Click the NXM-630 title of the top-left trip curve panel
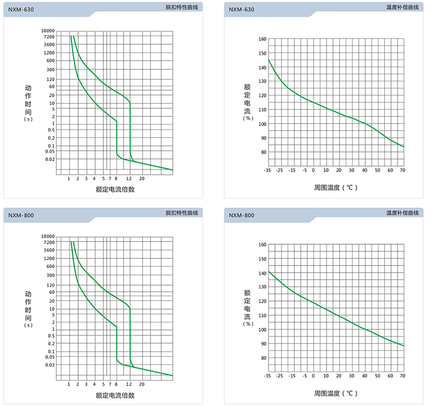[21, 9]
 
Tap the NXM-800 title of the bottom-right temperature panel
[241, 215]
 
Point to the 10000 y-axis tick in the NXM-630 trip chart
[48, 31]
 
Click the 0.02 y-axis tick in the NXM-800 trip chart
[50, 365]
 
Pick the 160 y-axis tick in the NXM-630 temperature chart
[262, 39]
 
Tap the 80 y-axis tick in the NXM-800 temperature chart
[263, 358]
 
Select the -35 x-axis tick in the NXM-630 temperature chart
[267, 170]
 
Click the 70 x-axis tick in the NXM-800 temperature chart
[402, 376]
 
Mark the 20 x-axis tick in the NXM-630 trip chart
[141, 179]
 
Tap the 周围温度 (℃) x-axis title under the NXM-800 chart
[336, 393]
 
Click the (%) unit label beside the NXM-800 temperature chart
[247, 324]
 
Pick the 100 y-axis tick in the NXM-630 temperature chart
[262, 124]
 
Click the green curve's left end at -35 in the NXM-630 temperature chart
[268, 60]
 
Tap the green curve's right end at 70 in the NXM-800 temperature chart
[404, 346]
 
